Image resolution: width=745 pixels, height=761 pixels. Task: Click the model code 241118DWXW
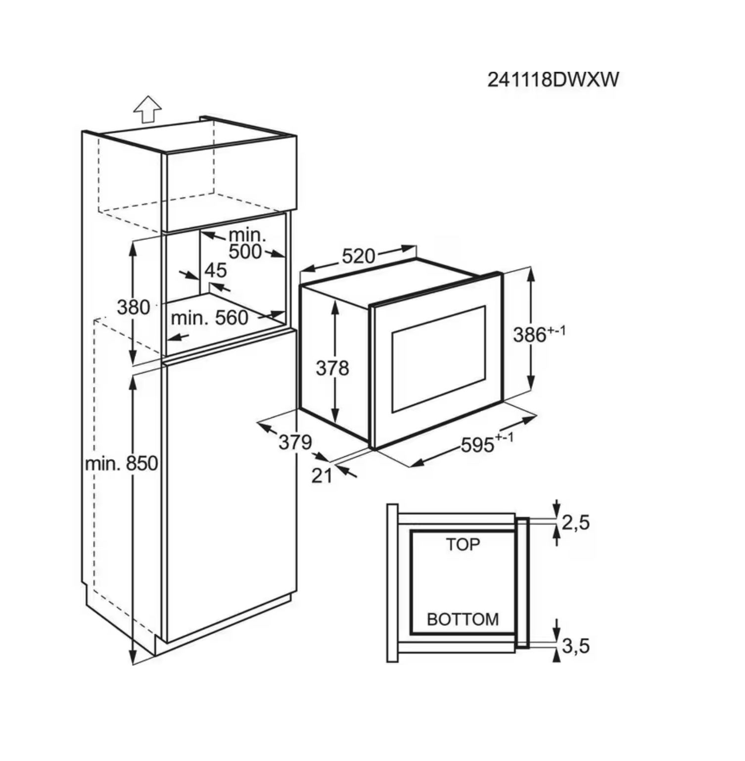[x=553, y=79]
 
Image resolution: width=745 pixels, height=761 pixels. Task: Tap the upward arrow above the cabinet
[x=147, y=109]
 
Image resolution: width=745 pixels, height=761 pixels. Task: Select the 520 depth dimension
[x=359, y=256]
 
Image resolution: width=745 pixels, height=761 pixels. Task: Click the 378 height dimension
[x=332, y=368]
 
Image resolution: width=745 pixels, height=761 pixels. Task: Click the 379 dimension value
[x=295, y=442]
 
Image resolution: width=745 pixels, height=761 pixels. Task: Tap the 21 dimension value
[x=322, y=476]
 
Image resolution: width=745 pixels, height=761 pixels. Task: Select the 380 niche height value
[x=134, y=307]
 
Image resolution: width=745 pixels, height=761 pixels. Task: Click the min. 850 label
[x=122, y=464]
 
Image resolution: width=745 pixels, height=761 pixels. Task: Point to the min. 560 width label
[x=209, y=318]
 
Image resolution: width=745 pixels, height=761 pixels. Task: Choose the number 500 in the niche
[x=245, y=251]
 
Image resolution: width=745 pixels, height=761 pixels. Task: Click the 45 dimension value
[x=216, y=270]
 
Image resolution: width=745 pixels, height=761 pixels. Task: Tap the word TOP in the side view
[x=463, y=544]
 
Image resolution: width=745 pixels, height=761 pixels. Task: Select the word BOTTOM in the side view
[x=463, y=619]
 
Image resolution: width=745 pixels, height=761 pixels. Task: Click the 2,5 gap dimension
[x=576, y=522]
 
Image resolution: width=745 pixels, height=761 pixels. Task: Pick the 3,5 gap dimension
[x=576, y=646]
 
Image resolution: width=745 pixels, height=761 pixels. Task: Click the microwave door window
[x=438, y=359]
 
